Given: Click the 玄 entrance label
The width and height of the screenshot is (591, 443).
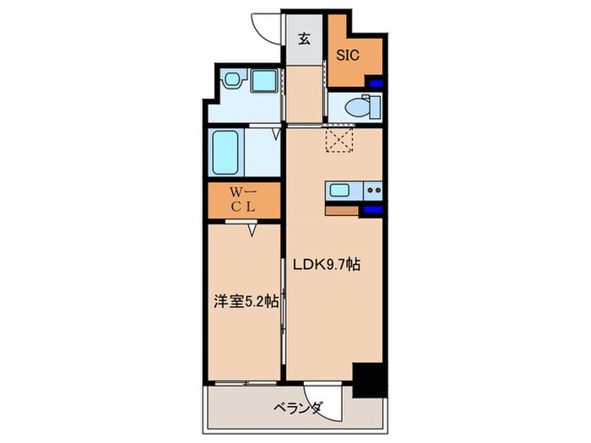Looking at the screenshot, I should tap(305, 38).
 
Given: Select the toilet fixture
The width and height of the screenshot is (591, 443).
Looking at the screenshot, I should tap(363, 107).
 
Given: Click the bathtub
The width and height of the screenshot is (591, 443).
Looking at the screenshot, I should tap(226, 151).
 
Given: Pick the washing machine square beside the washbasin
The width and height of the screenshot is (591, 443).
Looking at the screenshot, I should tap(264, 81).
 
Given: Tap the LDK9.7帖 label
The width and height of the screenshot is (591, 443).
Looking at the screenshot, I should tap(328, 264).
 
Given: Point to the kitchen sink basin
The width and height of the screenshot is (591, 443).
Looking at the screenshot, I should tap(340, 190).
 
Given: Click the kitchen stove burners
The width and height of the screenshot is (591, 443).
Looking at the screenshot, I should tap(371, 190).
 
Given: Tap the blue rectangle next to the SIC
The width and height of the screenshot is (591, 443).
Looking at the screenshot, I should tap(376, 84).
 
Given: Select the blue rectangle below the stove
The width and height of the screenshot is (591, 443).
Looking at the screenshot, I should tap(372, 208).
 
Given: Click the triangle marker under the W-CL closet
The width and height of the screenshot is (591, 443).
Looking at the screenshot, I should tap(252, 228).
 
